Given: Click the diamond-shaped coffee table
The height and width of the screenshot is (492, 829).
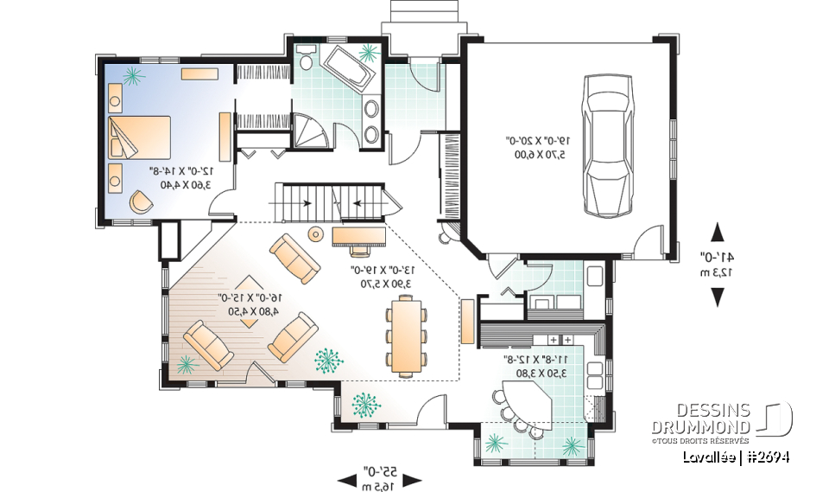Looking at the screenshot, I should coord(249,301).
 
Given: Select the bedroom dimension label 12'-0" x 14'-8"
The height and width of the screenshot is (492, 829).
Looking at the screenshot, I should coord(180,178).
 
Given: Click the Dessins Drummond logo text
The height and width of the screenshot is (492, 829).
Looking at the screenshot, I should coord(701,418).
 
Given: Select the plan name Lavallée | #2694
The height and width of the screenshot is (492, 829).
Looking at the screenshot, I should coord(734,456).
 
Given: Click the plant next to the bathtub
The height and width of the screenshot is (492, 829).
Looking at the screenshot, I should coord(369,54).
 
